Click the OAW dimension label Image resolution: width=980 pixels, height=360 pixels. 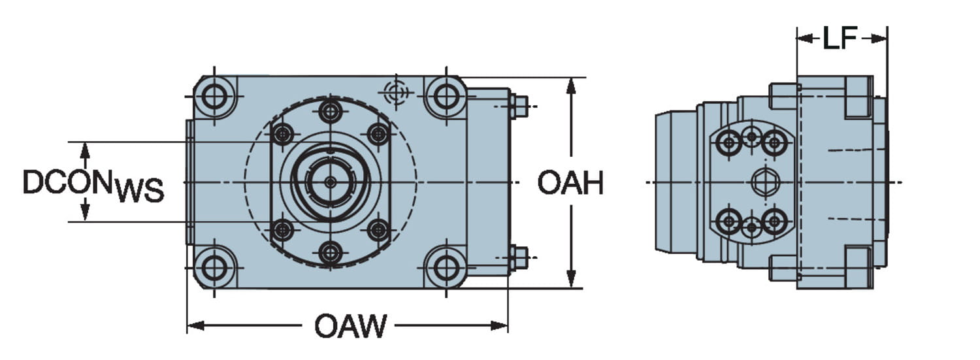350,326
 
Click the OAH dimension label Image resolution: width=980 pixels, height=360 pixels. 570,184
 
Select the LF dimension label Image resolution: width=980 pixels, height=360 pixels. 840,39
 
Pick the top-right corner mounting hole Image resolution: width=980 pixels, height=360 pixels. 446,97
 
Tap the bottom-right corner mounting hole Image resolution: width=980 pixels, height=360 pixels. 446,267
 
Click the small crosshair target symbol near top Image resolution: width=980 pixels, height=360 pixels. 397,92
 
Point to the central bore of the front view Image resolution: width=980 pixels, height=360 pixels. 331,182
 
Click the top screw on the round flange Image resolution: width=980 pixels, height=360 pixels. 331,110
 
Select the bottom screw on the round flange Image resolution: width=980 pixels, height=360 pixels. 331,253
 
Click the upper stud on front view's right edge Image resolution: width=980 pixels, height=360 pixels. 519,106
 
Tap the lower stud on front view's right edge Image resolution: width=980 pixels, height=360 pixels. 519,257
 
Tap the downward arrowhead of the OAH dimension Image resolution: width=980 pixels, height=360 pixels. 571,280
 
